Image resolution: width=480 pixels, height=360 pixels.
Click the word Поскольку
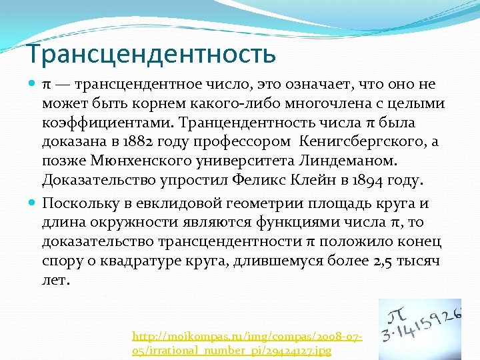coord(79,203)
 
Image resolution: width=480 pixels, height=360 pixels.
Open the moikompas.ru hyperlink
coord(247,344)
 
